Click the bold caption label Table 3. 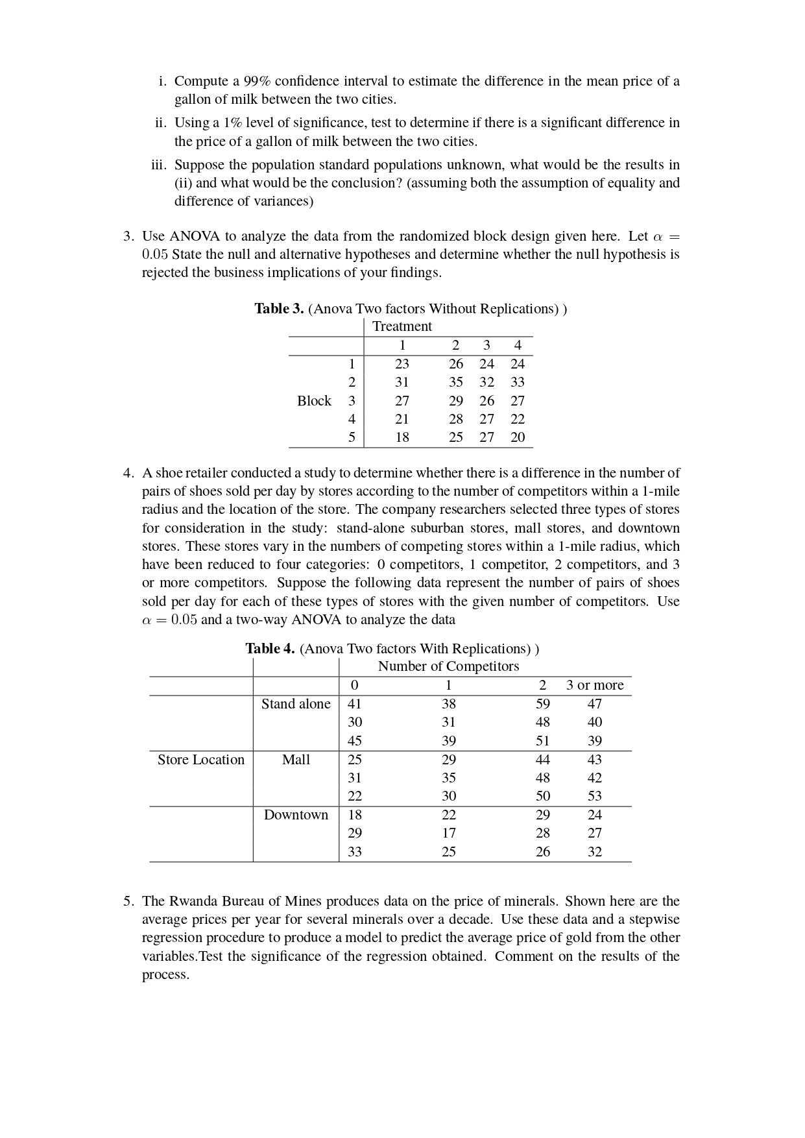coord(279,309)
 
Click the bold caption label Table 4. coord(270,649)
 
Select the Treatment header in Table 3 coord(402,326)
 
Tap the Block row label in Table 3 coord(314,401)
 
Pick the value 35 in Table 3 coord(456,382)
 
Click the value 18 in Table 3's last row coord(402,437)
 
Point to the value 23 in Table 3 coord(402,364)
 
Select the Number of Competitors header coord(448,666)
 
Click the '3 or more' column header coord(594,685)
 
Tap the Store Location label coord(201,760)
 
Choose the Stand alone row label coord(296,704)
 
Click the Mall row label coord(296,760)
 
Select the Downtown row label coord(296,815)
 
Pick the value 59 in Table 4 coord(543,704)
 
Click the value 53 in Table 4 coord(594,796)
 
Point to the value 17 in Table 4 coord(448,833)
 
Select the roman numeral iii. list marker coord(159,165)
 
